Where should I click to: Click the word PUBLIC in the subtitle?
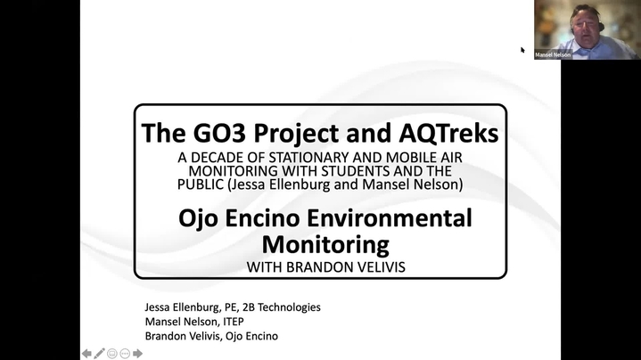pyautogui.click(x=201, y=184)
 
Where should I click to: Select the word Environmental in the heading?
pyautogui.click(x=390, y=217)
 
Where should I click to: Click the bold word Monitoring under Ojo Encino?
pyautogui.click(x=325, y=245)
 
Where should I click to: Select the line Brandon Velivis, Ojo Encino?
pyautogui.click(x=211, y=336)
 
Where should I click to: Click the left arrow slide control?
pyautogui.click(x=86, y=354)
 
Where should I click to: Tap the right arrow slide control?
pyautogui.click(x=138, y=354)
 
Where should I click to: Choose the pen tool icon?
pyautogui.click(x=99, y=354)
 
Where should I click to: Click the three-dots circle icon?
pyautogui.click(x=125, y=354)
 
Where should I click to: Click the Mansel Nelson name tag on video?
pyautogui.click(x=553, y=54)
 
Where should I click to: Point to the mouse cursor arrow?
pyautogui.click(x=522, y=50)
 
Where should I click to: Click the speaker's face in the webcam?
pyautogui.click(x=585, y=28)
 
